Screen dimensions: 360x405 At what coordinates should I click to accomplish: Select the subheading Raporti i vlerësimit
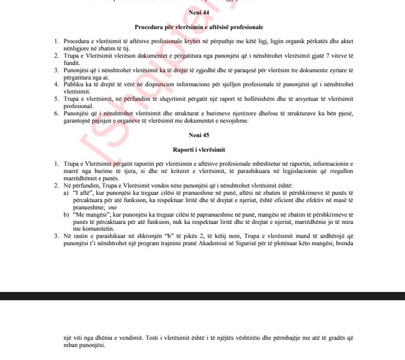(202, 150)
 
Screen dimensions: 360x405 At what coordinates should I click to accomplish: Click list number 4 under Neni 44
(57, 84)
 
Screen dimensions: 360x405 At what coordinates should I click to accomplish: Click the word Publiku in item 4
(73, 84)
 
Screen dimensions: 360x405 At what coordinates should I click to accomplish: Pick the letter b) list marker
(66, 215)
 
